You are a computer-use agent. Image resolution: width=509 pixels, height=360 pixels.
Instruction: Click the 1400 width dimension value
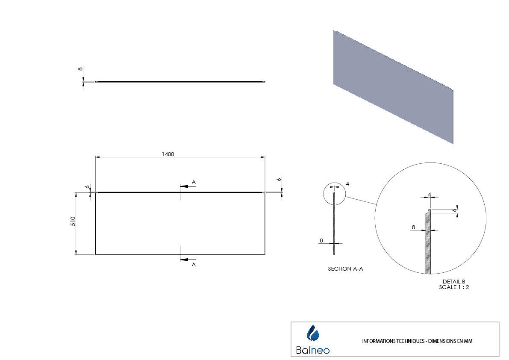[168, 154]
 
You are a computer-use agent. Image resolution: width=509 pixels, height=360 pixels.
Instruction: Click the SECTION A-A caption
[345, 269]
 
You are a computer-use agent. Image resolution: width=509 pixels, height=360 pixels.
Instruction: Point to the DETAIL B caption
[454, 281]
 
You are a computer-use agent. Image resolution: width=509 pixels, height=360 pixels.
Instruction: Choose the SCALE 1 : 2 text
[454, 287]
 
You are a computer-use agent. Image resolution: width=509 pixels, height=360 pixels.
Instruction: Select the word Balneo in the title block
[313, 350]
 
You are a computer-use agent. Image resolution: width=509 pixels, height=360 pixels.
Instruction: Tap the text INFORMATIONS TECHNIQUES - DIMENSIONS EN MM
[417, 341]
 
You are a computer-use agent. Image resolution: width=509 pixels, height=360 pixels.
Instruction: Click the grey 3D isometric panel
[393, 86]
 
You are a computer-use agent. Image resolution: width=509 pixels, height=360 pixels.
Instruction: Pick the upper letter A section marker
[194, 182]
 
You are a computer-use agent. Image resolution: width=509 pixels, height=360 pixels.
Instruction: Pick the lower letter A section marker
[194, 265]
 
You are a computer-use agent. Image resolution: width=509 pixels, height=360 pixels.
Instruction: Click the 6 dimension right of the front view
[280, 180]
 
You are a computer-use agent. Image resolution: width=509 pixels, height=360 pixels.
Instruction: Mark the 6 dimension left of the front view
[87, 187]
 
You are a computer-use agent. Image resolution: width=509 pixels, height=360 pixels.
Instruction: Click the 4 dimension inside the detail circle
[429, 195]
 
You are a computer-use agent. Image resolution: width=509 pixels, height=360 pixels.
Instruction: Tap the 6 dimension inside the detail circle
[455, 210]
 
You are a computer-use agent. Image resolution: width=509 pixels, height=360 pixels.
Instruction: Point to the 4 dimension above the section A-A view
[348, 184]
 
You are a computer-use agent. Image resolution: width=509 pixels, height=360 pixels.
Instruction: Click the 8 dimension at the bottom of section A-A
[321, 241]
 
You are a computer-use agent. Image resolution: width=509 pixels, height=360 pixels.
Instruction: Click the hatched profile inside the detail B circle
[428, 244]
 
